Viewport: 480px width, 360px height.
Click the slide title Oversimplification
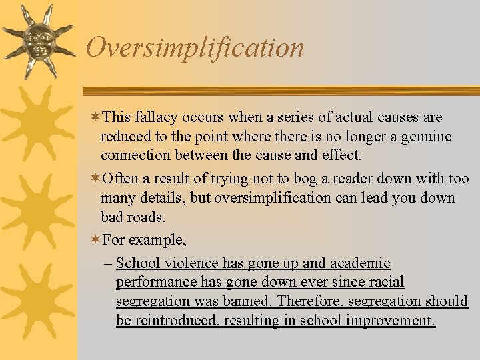pos(195,47)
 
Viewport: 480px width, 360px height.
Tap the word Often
pos(121,179)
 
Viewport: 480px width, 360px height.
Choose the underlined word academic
pos(360,263)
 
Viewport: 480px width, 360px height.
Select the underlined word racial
pos(385,282)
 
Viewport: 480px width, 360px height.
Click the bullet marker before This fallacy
pos(95,117)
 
